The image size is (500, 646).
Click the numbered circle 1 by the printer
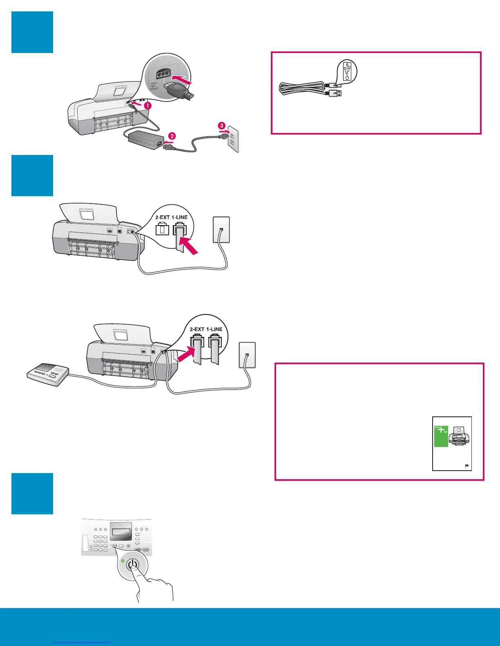pyautogui.click(x=148, y=105)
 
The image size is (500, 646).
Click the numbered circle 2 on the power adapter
pyautogui.click(x=172, y=136)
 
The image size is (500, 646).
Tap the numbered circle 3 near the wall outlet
pyautogui.click(x=221, y=126)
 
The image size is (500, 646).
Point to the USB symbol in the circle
pyautogui.click(x=347, y=70)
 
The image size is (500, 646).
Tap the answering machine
pyautogui.click(x=47, y=374)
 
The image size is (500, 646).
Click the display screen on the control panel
pyautogui.click(x=120, y=532)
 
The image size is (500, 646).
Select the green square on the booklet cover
pyautogui.click(x=441, y=436)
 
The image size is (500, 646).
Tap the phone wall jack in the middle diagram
pyautogui.click(x=221, y=230)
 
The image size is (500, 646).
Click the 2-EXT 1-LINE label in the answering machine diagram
pyautogui.click(x=206, y=329)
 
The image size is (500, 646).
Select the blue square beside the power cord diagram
pyautogui.click(x=32, y=32)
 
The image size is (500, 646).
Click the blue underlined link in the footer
pyautogui.click(x=81, y=642)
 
